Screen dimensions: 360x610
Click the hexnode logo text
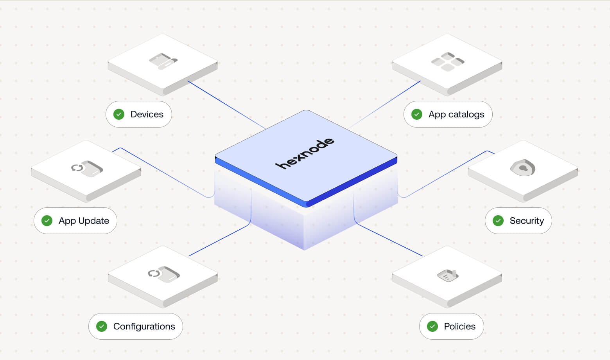[x=305, y=153]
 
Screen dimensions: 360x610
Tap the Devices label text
[x=147, y=114]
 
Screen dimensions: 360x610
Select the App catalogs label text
[x=456, y=114]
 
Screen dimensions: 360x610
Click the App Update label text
[x=84, y=221]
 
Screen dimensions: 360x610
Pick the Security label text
[x=526, y=221]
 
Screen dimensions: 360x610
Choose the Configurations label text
[x=144, y=326]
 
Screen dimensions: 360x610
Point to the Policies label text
[x=459, y=326]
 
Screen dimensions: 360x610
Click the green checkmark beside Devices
[x=119, y=114]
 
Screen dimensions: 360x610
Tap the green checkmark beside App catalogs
[x=417, y=114]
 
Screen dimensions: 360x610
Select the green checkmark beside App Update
[x=47, y=221]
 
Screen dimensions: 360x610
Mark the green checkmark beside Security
[x=498, y=221]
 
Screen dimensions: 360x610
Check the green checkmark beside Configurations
[x=102, y=326]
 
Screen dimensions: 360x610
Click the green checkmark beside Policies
[x=432, y=326]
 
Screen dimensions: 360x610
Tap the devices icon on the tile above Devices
[x=163, y=61]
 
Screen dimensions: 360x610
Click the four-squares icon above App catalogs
[x=447, y=61]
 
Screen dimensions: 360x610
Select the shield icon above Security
[x=523, y=167]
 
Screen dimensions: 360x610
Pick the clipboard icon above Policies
[x=447, y=275]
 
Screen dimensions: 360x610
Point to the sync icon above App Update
[x=87, y=168]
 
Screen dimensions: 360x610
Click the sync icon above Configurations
[x=163, y=274]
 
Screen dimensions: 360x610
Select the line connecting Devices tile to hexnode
[x=227, y=105]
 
